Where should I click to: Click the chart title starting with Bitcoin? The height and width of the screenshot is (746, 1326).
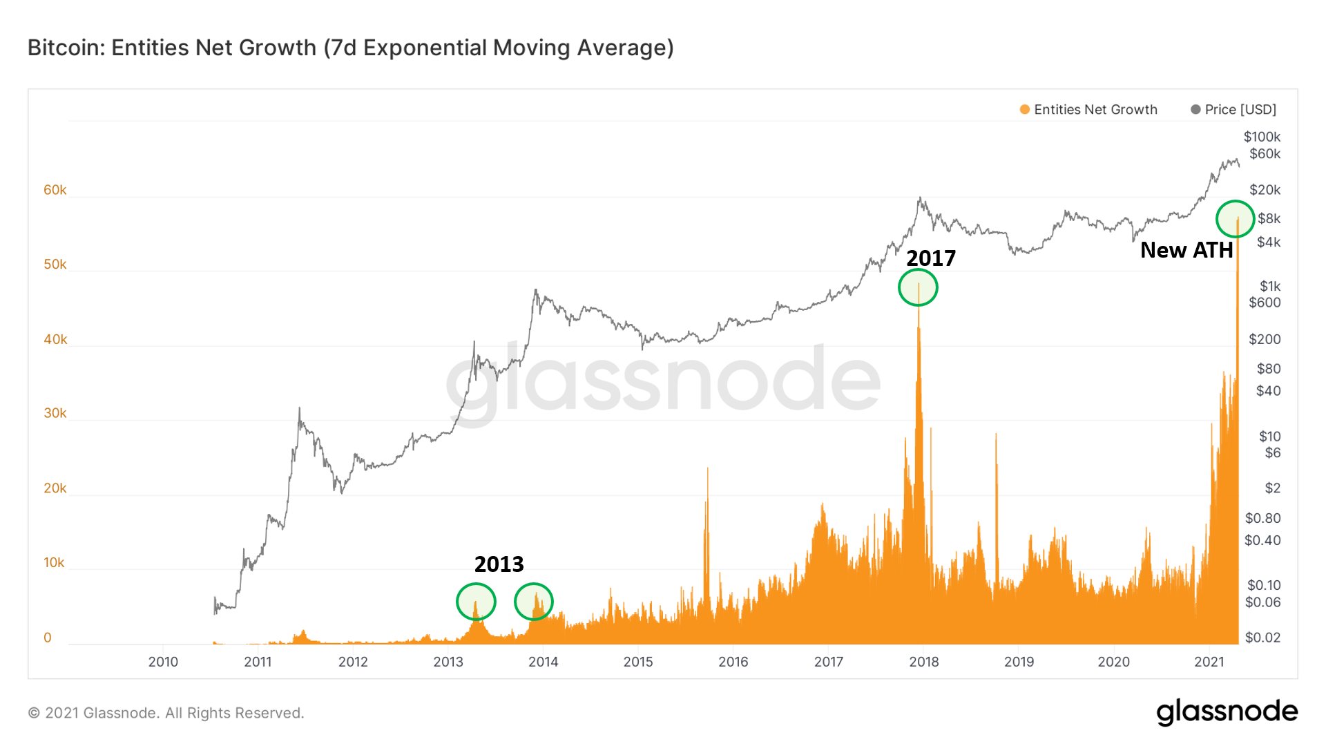pos(350,48)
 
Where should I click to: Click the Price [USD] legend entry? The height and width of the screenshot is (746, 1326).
pos(1233,110)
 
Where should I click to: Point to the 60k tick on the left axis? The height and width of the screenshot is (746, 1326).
pos(55,190)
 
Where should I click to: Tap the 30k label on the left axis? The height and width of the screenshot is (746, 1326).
pos(55,413)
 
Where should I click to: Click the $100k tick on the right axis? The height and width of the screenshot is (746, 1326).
pos(1261,137)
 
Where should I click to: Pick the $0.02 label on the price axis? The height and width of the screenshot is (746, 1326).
pos(1262,638)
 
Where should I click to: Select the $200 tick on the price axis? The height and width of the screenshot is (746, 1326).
pos(1264,339)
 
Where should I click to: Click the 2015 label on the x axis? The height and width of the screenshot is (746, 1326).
pos(637,662)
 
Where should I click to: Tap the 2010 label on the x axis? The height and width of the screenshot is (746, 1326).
pos(163,662)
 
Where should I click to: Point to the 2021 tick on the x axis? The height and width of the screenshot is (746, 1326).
pos(1209,662)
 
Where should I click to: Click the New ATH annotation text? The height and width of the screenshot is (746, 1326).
pos(1186,250)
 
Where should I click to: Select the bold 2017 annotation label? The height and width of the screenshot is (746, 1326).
pos(930,258)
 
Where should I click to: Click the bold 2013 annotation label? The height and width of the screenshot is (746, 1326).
pos(499,564)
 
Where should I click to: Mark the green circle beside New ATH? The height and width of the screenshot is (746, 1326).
pos(1235,219)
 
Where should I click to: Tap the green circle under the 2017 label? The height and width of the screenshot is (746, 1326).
pos(918,287)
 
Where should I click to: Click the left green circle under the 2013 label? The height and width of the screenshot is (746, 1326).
pos(476,602)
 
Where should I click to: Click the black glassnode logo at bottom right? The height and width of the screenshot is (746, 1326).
pos(1227,711)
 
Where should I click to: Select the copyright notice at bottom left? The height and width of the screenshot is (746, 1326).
pos(166,713)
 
